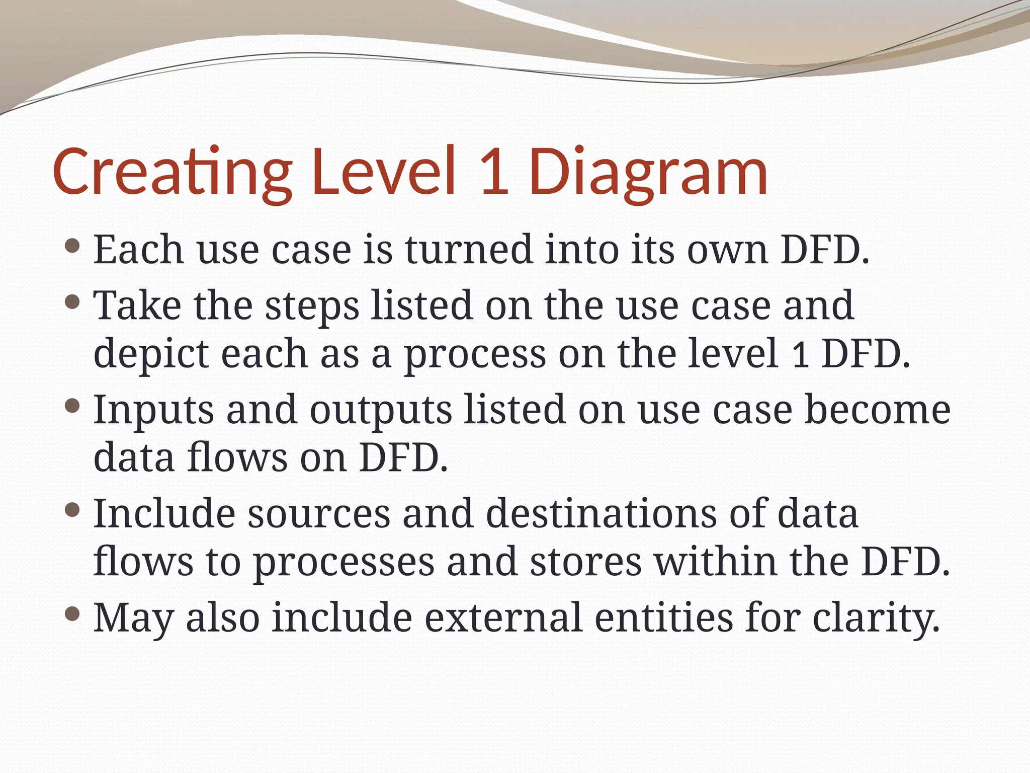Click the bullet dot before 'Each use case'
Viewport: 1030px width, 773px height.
click(73, 247)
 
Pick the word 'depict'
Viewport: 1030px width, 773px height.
click(151, 354)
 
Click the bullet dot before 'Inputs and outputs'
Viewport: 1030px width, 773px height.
click(73, 406)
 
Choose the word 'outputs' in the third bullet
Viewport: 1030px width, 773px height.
click(381, 411)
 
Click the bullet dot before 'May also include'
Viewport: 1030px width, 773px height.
click(73, 614)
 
